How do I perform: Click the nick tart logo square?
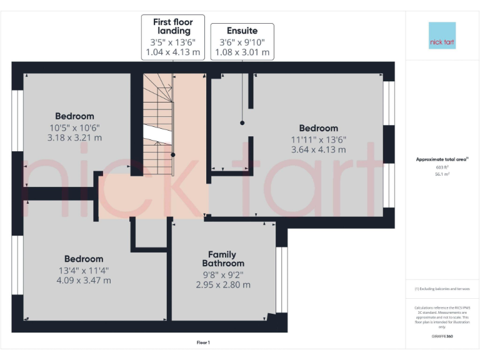click(442, 36)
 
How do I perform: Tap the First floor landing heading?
click(172, 26)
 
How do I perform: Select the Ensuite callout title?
click(242, 31)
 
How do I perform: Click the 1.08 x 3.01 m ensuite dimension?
click(242, 52)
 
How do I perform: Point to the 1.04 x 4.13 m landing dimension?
click(172, 52)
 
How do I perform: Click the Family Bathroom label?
click(222, 259)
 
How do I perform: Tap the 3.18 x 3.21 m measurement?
click(74, 137)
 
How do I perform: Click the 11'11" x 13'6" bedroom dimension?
click(318, 139)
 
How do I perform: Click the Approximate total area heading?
click(442, 160)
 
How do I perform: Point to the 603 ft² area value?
click(442, 167)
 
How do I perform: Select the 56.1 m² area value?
click(442, 175)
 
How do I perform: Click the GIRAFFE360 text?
click(442, 336)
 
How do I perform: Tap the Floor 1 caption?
click(203, 342)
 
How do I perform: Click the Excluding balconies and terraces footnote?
click(442, 289)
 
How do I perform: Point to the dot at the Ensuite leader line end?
click(242, 123)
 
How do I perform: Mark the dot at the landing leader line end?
click(173, 154)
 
